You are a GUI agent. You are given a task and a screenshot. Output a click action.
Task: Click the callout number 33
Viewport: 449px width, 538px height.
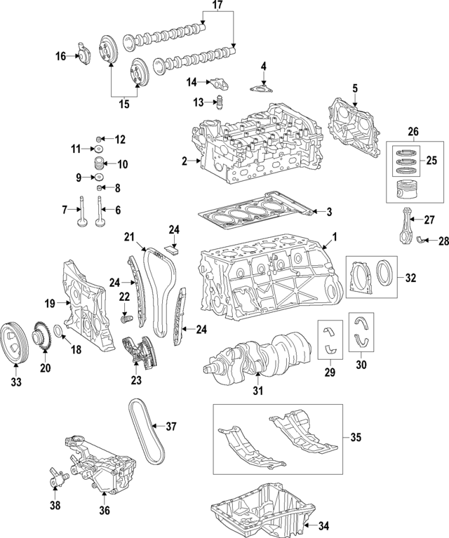click(x=15, y=382)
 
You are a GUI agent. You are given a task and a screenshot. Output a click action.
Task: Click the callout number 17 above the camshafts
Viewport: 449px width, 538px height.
click(x=217, y=7)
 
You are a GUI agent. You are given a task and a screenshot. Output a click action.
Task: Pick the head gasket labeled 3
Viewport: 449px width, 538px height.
click(x=253, y=212)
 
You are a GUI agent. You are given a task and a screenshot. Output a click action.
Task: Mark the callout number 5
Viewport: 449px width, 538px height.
click(x=355, y=89)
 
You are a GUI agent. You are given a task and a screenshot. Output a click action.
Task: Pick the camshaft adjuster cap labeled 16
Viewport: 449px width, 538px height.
click(x=83, y=53)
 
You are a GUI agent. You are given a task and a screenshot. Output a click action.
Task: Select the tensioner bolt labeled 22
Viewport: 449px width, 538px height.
click(x=127, y=319)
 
